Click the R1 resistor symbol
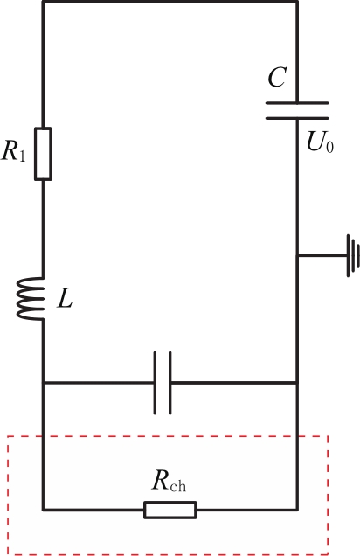[43, 154]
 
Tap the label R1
[13, 151]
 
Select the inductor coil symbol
[30, 299]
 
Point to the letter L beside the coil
[65, 300]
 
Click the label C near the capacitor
[277, 77]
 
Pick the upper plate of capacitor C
[297, 103]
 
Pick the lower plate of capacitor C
[297, 118]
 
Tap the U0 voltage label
[320, 142]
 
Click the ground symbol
[353, 255]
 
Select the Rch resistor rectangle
[170, 510]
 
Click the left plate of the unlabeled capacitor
[156, 383]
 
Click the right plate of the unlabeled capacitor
[170, 383]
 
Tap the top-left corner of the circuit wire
[43, 2]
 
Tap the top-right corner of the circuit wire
[297, 2]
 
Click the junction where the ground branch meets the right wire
[297, 255]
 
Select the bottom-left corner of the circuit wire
[43, 510]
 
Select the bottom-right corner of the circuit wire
[297, 510]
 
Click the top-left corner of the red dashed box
[8, 437]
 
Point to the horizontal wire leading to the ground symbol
[322, 255]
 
